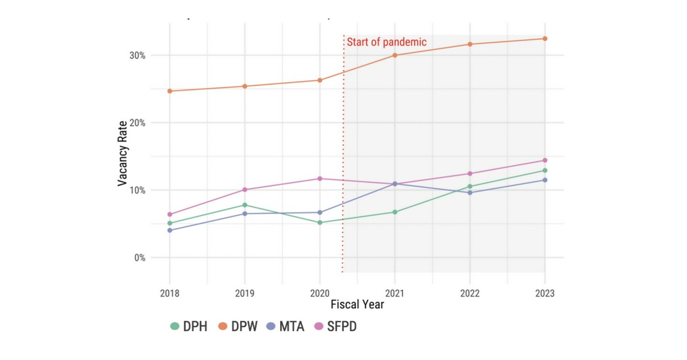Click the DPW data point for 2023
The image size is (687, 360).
pos(545,39)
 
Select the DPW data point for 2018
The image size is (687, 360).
pos(170,91)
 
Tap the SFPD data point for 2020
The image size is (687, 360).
pos(320,178)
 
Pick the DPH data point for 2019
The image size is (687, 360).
pos(245,205)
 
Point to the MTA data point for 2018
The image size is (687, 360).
pos(170,230)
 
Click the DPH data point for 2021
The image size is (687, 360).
pos(395,212)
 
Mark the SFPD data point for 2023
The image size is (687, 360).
pos(545,161)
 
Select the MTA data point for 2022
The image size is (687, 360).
pos(470,192)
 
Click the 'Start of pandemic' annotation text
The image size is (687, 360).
pos(386,42)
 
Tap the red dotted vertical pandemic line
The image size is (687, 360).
pos(343,153)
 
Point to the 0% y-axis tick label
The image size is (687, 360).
pos(139,258)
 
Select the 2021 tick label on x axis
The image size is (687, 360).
pos(395,294)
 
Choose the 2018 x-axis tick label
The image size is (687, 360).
pos(170,294)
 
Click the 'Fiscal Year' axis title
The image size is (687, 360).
pos(357,305)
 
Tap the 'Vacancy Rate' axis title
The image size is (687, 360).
pos(122,153)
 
